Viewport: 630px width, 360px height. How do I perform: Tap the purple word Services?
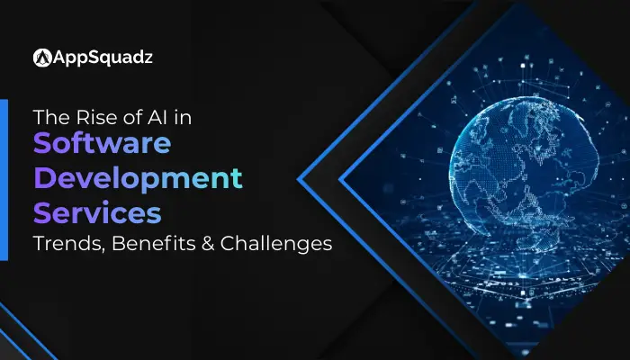(97, 212)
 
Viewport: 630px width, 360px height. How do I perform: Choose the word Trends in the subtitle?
(64, 244)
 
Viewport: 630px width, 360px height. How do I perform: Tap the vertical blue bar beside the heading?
(4, 180)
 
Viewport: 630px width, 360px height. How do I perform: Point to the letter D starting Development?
(45, 179)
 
